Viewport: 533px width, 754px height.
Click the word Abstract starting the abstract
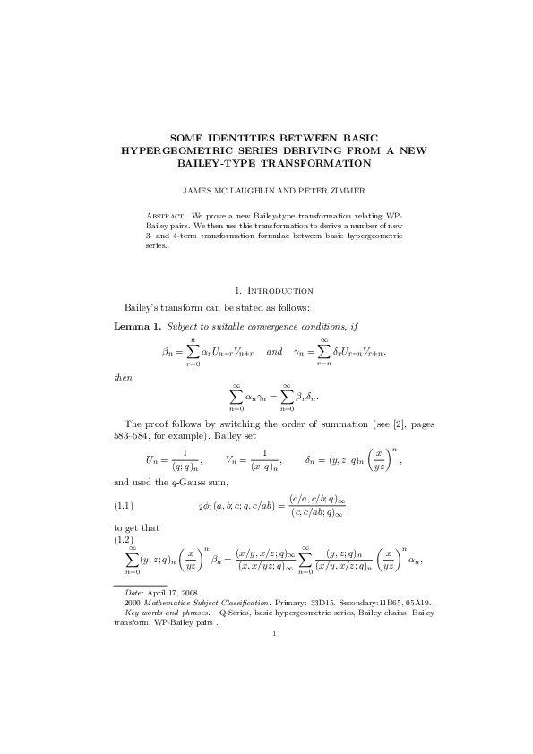coord(166,217)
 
